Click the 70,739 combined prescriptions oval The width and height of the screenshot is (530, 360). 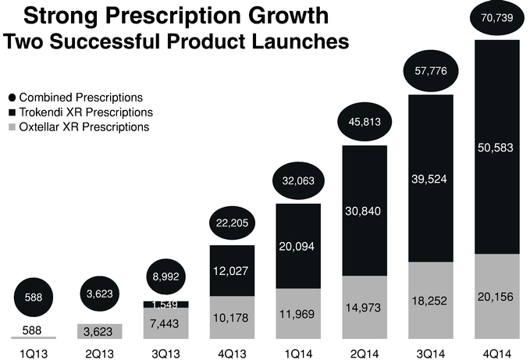coord(496,18)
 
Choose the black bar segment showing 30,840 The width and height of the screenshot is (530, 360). coord(364,210)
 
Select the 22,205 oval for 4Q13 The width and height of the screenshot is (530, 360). coord(233,223)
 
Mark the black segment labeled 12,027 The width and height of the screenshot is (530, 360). coord(233,270)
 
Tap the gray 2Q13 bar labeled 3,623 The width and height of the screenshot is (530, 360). coord(100,331)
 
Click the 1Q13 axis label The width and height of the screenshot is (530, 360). coord(34,351)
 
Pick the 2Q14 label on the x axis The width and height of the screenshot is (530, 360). coord(364,351)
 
